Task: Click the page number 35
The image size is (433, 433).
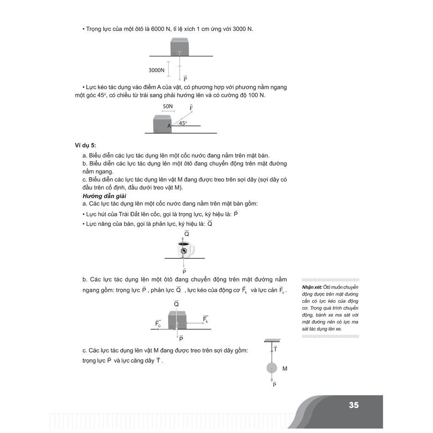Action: tap(354, 405)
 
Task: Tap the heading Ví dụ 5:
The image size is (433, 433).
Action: tap(86, 145)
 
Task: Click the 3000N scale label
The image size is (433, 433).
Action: tap(156, 70)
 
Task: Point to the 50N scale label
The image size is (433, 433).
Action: tap(168, 106)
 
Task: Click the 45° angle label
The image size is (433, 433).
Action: tap(182, 123)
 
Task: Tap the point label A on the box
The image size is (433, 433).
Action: tap(169, 126)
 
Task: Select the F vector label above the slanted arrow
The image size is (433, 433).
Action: tap(191, 108)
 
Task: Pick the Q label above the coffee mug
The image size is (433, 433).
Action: tap(186, 233)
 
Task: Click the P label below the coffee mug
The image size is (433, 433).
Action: tap(184, 272)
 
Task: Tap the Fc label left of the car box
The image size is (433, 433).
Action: tap(158, 324)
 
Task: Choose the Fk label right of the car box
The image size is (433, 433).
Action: tap(206, 319)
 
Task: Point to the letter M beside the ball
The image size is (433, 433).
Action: tap(285, 369)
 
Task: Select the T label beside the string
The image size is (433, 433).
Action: tap(275, 349)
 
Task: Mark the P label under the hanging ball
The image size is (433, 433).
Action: tap(274, 384)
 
